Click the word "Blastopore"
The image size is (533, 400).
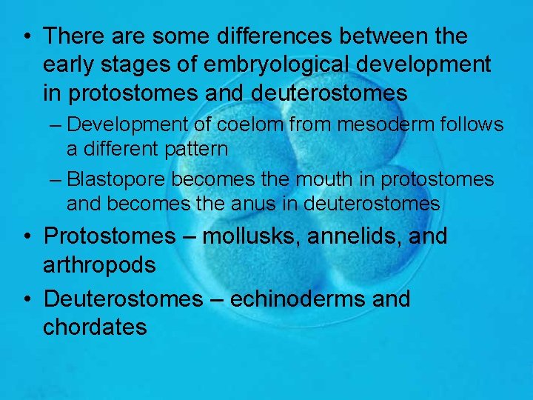121,180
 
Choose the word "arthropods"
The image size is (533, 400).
99,264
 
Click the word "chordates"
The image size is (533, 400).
95,327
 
